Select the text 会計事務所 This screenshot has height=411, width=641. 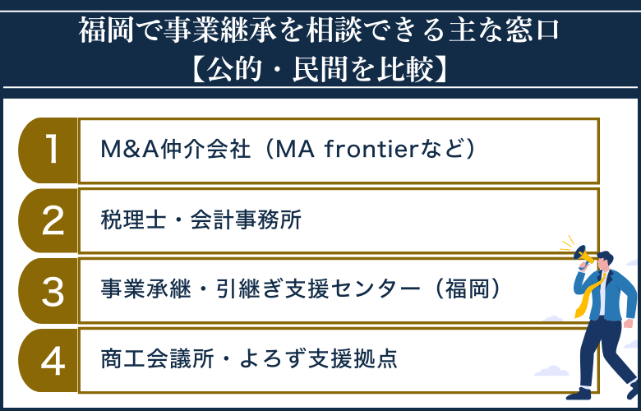click(234, 220)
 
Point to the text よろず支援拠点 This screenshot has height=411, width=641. click(315, 360)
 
